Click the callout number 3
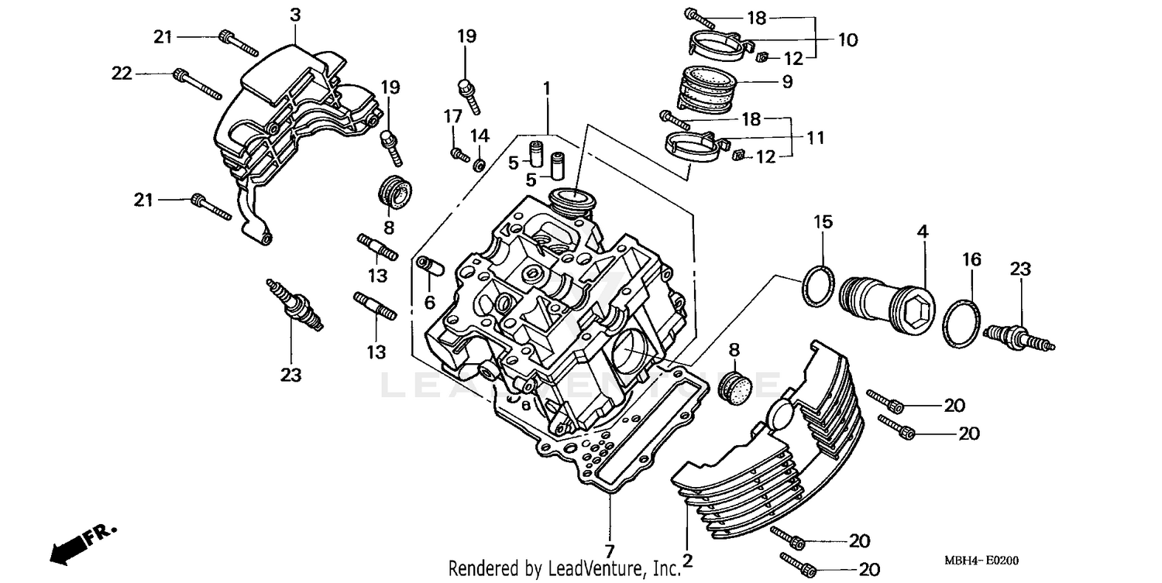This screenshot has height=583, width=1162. [295, 14]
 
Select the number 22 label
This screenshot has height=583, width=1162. [122, 74]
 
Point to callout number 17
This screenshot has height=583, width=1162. [452, 117]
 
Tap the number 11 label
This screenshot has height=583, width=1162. [814, 138]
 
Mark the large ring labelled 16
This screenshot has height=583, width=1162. [962, 321]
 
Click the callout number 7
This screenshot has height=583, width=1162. [610, 552]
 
